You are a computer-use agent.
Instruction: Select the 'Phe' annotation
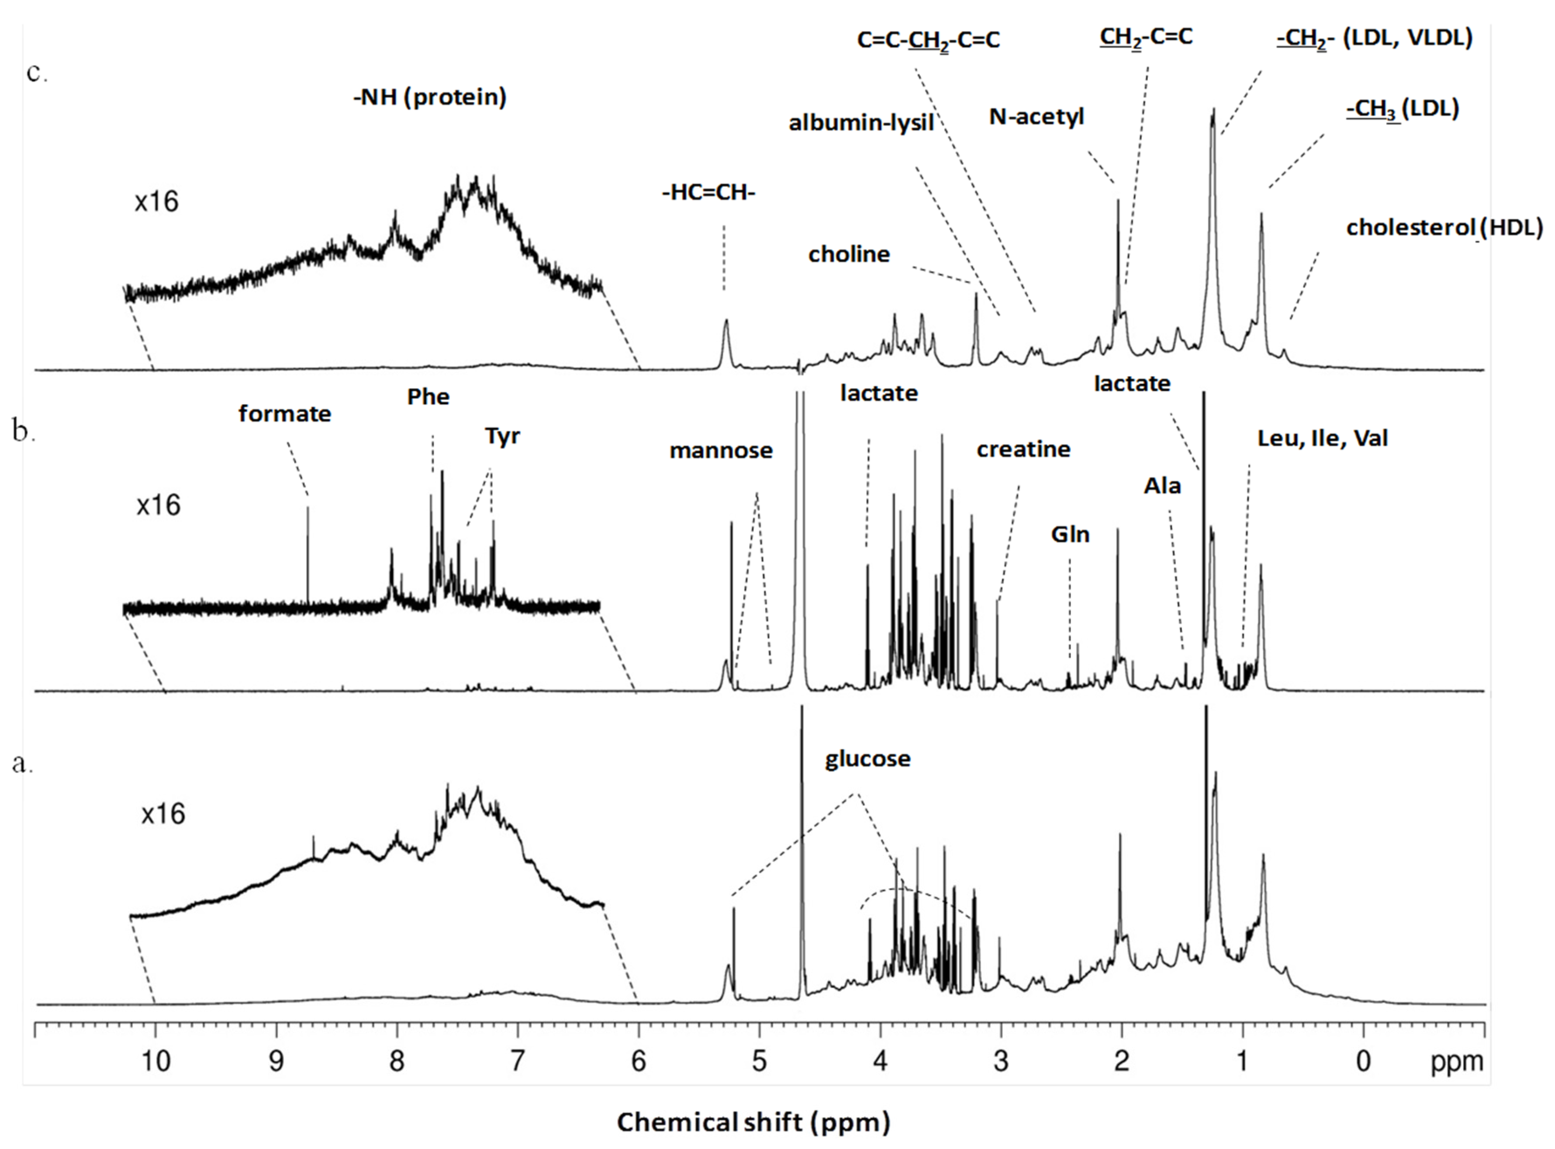click(x=428, y=397)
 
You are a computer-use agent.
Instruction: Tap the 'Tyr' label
click(x=502, y=437)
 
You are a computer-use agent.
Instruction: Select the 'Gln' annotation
click(x=1070, y=534)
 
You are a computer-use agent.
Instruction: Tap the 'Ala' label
click(x=1162, y=485)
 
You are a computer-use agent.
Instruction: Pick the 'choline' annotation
click(x=848, y=255)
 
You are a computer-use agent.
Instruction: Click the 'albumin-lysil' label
click(x=861, y=123)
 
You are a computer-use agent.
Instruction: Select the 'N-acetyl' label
click(x=1036, y=116)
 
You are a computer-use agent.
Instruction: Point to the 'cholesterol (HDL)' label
click(x=1444, y=228)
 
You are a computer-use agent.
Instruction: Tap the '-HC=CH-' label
click(x=708, y=193)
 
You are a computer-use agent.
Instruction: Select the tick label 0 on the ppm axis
click(x=1363, y=1061)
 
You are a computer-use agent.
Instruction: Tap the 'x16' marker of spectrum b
click(x=159, y=505)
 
